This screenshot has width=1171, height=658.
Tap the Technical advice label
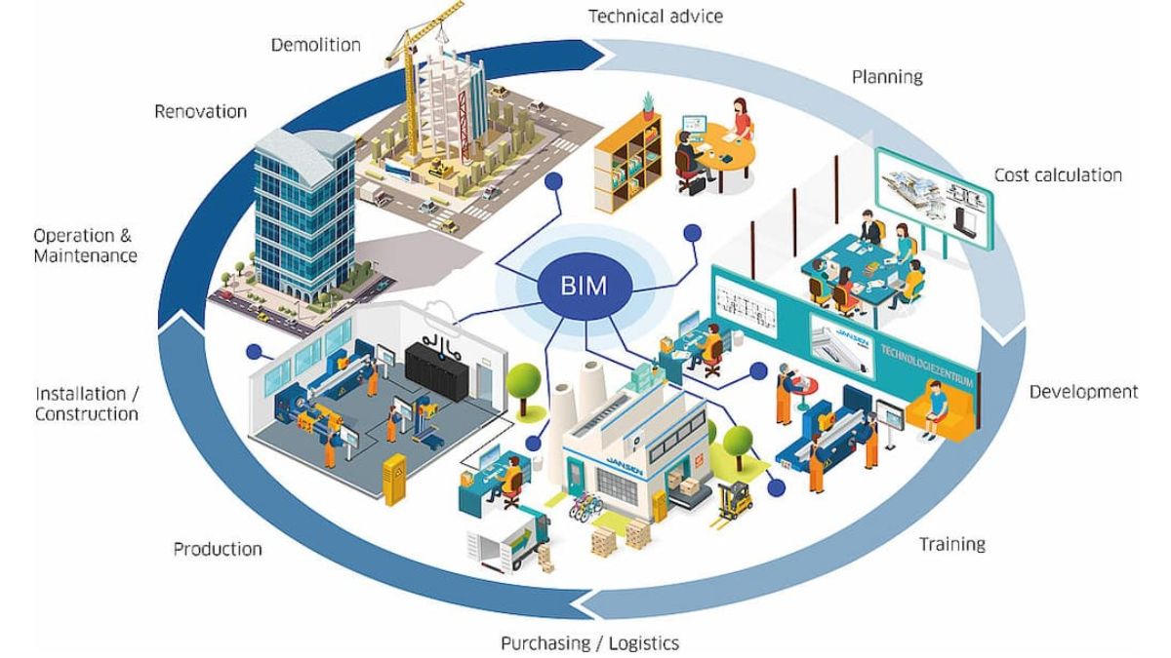point(656,17)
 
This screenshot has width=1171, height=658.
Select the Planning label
point(887,76)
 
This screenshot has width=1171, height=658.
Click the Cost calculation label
point(1058,175)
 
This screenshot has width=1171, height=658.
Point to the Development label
point(1083,392)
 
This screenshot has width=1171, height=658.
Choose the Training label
point(951,544)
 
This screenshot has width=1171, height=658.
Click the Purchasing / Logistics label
point(589,643)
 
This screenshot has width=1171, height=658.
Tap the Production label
point(218,549)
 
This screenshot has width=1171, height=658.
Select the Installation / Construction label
point(87,404)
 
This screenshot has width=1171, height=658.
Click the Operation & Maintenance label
point(85,246)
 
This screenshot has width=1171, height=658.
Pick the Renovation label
point(200,111)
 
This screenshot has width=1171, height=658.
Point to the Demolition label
point(315,45)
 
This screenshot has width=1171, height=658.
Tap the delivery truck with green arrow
point(512,535)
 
